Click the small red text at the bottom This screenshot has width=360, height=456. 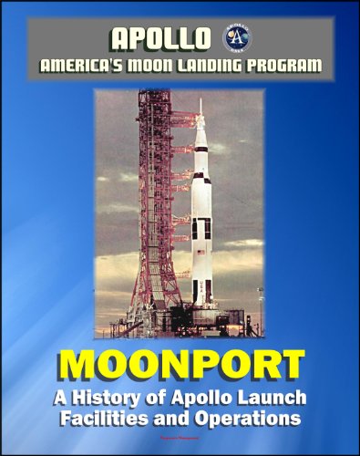tap(180, 439)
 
